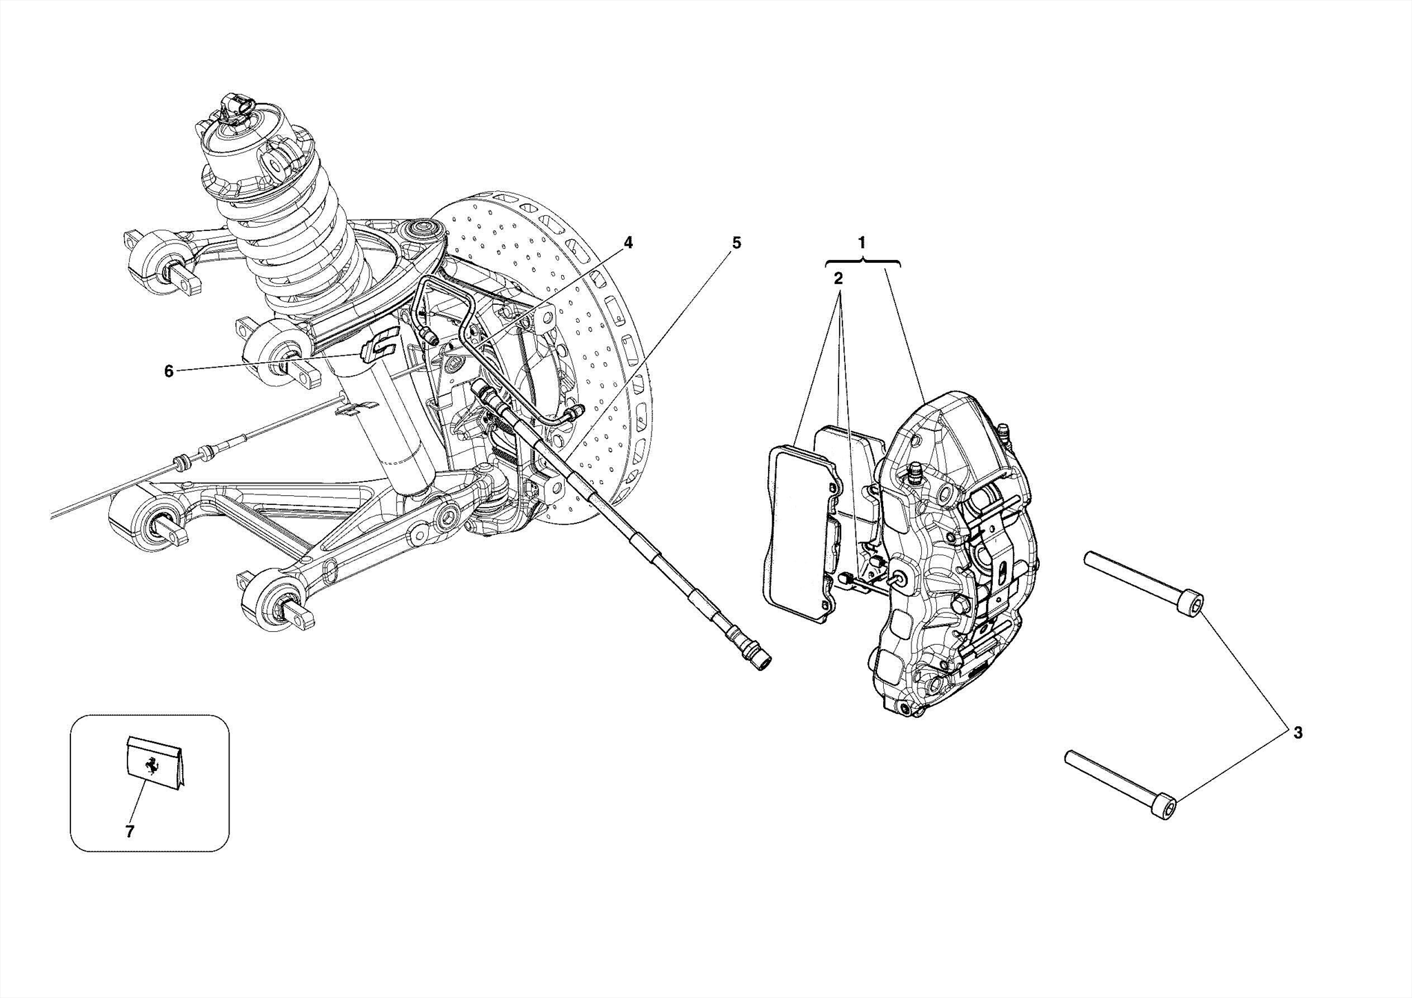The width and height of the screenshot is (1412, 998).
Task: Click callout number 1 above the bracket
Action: tap(861, 242)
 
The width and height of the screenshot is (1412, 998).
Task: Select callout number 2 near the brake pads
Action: tap(838, 279)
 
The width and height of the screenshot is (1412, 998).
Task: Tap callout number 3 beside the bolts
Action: tap(1298, 733)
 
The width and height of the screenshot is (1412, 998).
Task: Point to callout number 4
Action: tap(627, 242)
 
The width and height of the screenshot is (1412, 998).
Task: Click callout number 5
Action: tap(736, 242)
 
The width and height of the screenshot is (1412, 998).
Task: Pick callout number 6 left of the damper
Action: tap(169, 371)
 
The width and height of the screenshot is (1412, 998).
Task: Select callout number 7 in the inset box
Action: tap(130, 832)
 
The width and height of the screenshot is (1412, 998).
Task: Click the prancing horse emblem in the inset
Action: tap(150, 766)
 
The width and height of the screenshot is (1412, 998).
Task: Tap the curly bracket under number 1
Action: tap(862, 262)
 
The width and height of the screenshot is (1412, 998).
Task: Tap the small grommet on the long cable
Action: tap(182, 461)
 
